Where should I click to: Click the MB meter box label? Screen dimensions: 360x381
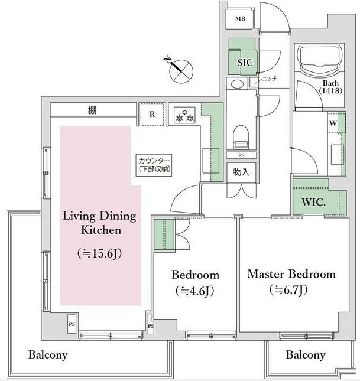click(x=240, y=19)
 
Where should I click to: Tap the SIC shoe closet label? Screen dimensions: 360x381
click(x=245, y=63)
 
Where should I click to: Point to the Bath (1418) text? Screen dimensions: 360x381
click(x=330, y=87)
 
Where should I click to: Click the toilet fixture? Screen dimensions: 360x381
click(x=241, y=137)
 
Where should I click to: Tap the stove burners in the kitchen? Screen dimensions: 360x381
click(x=184, y=115)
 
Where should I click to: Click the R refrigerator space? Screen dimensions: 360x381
click(x=153, y=114)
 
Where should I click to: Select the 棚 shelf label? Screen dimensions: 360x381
click(x=92, y=110)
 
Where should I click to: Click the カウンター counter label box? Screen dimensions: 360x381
click(x=154, y=165)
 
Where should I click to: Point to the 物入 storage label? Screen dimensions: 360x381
click(x=241, y=172)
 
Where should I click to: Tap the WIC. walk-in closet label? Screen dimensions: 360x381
click(x=313, y=202)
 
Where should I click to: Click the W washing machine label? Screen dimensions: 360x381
click(x=333, y=123)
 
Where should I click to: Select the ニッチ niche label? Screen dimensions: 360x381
click(x=269, y=79)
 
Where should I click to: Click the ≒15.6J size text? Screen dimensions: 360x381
click(x=99, y=253)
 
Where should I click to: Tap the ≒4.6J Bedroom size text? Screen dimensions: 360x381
click(x=194, y=291)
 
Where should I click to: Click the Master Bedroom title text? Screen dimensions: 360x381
click(x=291, y=274)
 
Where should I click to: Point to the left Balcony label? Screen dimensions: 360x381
click(x=48, y=355)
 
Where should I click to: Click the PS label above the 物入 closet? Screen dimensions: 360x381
click(x=241, y=155)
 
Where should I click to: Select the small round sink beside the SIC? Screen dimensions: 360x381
click(x=237, y=84)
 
